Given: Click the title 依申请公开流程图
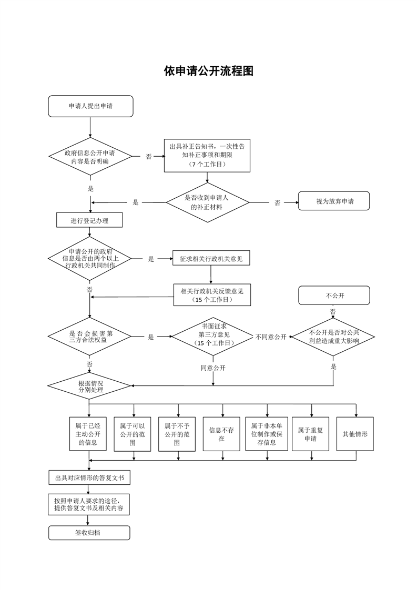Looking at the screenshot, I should pyautogui.click(x=208, y=71).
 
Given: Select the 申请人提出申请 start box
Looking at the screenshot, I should pyautogui.click(x=90, y=106).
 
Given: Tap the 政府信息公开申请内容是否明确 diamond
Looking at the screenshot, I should pyautogui.click(x=90, y=157).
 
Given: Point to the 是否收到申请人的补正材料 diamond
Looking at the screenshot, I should pyautogui.click(x=207, y=202).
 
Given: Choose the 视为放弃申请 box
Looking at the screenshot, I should pyautogui.click(x=334, y=201).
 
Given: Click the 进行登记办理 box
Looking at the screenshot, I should pyautogui.click(x=89, y=220).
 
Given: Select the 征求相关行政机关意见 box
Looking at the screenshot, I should pyautogui.click(x=211, y=259).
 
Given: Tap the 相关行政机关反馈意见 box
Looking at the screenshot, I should pyautogui.click(x=212, y=294).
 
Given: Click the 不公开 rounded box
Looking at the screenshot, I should pyautogui.click(x=334, y=295).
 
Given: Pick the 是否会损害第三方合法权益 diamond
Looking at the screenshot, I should pyautogui.click(x=90, y=337).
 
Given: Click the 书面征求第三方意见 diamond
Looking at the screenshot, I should pyautogui.click(x=213, y=337).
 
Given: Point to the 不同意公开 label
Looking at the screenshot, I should pyautogui.click(x=271, y=337).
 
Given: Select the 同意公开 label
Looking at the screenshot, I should pyautogui.click(x=213, y=368).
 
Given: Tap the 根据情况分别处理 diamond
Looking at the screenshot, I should pyautogui.click(x=89, y=388).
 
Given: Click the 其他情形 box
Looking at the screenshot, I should pyautogui.click(x=355, y=434).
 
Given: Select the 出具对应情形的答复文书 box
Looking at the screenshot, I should pyautogui.click(x=89, y=478).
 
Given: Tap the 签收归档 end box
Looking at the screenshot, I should pyautogui.click(x=89, y=533).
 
